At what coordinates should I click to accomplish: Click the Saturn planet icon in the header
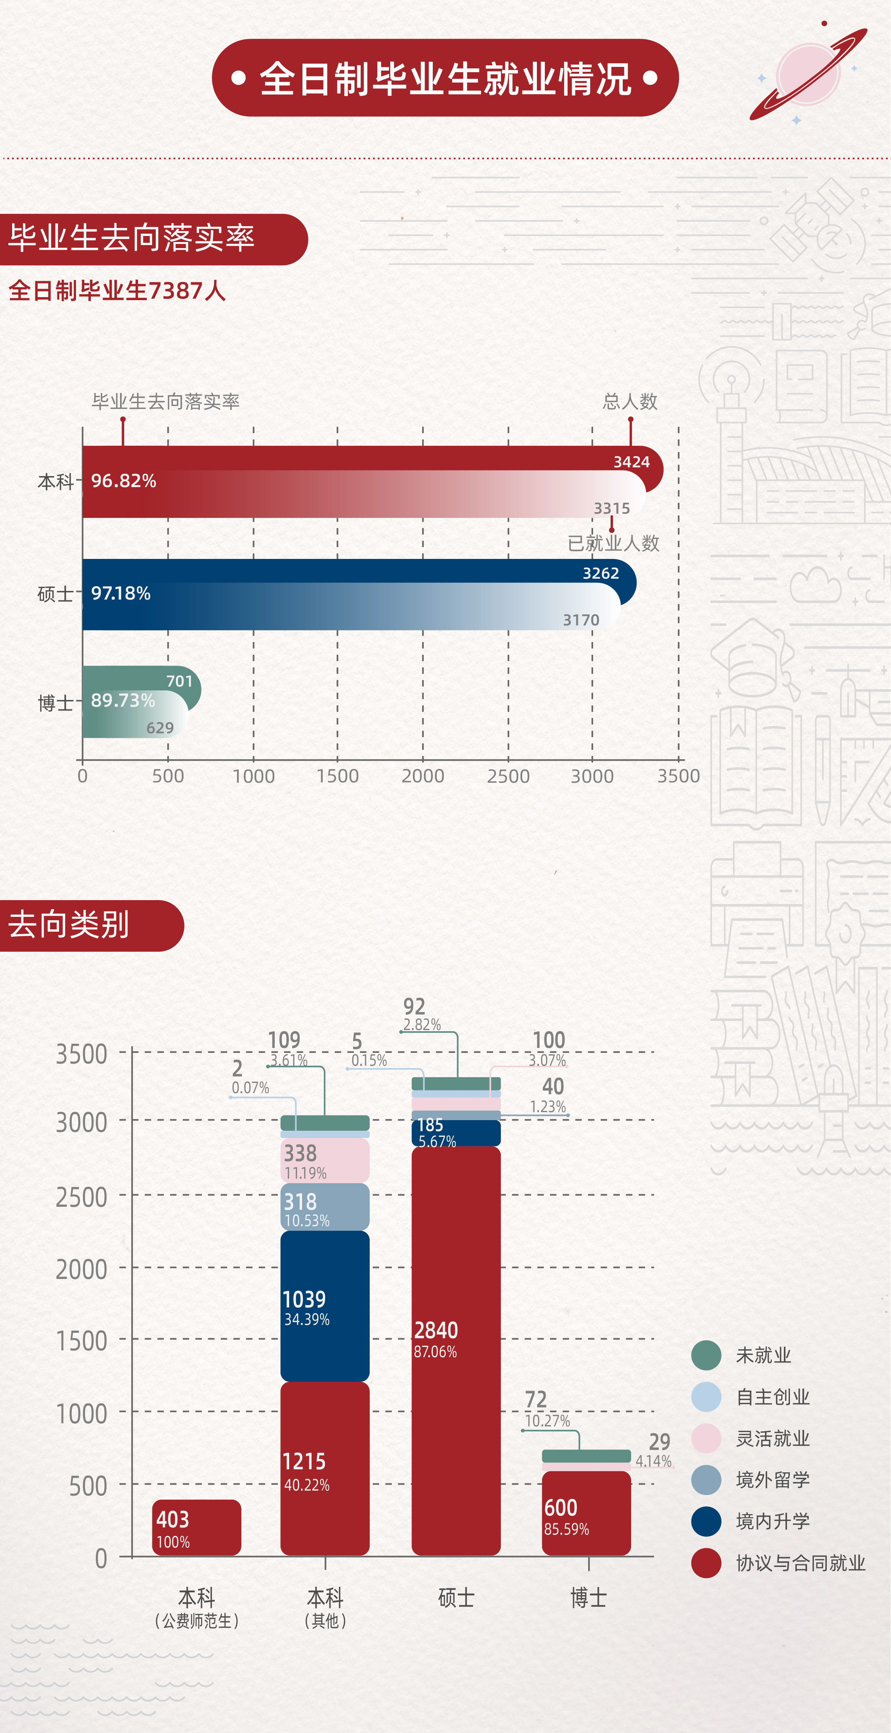click(807, 73)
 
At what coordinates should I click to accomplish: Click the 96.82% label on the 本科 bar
click(124, 481)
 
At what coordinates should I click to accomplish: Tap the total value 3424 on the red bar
click(631, 462)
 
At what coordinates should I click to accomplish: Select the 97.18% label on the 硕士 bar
click(121, 593)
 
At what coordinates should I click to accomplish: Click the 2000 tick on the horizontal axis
click(423, 776)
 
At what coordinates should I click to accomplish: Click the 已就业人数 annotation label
click(613, 543)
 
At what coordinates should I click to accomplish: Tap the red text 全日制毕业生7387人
click(117, 291)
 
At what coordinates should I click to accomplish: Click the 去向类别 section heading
click(69, 925)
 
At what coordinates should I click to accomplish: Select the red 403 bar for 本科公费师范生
click(196, 1527)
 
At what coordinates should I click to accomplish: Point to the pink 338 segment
click(324, 1160)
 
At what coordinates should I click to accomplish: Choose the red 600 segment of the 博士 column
click(586, 1514)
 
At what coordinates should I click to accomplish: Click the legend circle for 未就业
click(706, 1355)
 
